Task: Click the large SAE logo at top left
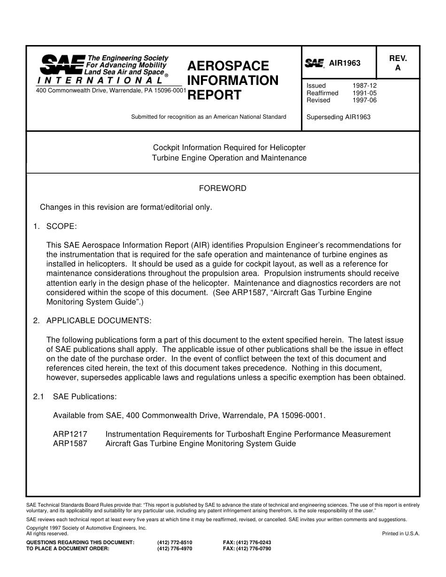tap(62, 64)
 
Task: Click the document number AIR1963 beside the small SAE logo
tap(345, 63)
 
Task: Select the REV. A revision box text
tap(398, 63)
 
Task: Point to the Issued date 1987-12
tap(364, 86)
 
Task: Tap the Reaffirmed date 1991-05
tap(364, 93)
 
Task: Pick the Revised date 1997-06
tap(364, 100)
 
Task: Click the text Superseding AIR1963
tap(338, 117)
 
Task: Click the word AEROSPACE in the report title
tap(228, 66)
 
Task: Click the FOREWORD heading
tap(223, 189)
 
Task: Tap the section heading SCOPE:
tap(61, 227)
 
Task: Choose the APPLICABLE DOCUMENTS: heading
tap(99, 320)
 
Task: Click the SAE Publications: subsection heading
tap(85, 396)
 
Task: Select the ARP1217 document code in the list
tap(70, 434)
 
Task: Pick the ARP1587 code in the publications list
tap(70, 443)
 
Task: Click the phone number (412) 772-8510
tap(175, 542)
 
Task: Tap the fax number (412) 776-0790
tap(247, 548)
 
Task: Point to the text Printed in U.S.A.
tap(400, 533)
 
